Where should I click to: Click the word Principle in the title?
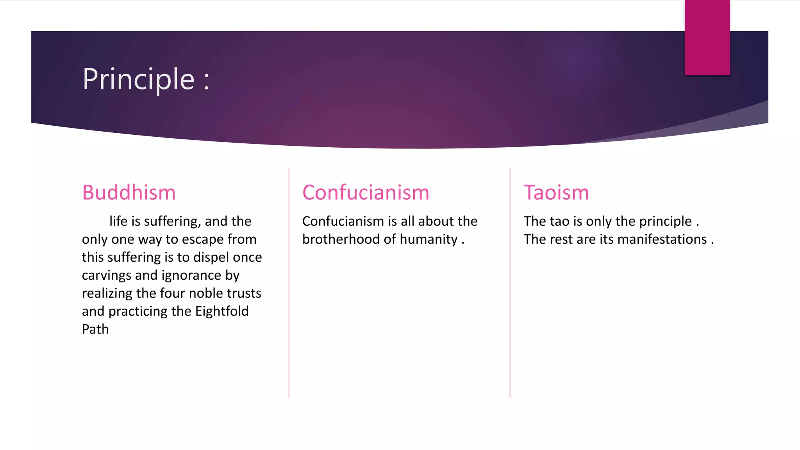tap(138, 80)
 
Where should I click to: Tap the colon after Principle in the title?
tap(206, 80)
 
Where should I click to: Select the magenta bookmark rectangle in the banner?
tap(707, 37)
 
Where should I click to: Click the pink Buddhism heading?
tap(129, 193)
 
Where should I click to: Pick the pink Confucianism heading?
tap(366, 193)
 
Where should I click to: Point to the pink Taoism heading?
tap(556, 193)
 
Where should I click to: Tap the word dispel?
tap(211, 257)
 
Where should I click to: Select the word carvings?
tap(107, 275)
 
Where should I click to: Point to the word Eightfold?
tap(222, 311)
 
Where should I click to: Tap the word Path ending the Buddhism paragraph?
tap(95, 329)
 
